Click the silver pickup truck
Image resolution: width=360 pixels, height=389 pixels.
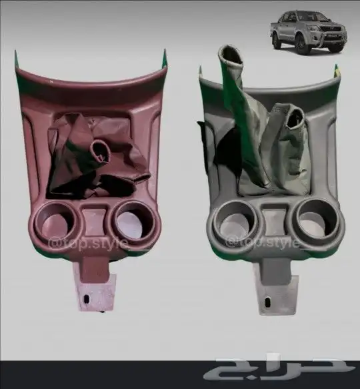pos(308,32)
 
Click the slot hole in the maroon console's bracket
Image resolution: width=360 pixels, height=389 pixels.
pos(87,299)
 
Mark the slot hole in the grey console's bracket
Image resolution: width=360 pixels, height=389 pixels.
pos(268,302)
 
